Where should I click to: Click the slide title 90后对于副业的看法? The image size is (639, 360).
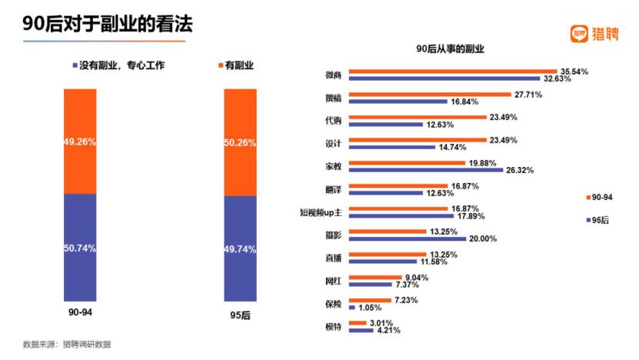(108, 25)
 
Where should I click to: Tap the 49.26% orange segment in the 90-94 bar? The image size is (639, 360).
(80, 141)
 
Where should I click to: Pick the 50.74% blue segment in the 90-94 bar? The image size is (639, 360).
(80, 247)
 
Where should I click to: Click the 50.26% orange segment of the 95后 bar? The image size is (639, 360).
(240, 142)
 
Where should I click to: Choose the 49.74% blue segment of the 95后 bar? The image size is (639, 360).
(240, 248)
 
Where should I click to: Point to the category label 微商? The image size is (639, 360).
(334, 75)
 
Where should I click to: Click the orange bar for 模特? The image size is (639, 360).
(357, 323)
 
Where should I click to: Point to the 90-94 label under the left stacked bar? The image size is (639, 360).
(80, 313)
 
